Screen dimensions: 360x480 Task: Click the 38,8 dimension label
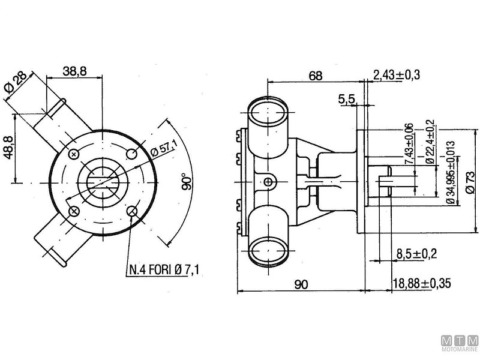[x=75, y=71]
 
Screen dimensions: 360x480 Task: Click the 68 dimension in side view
[x=316, y=76]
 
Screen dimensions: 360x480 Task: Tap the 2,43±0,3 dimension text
[x=396, y=75]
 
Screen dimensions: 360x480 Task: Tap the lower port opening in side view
[x=268, y=248]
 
